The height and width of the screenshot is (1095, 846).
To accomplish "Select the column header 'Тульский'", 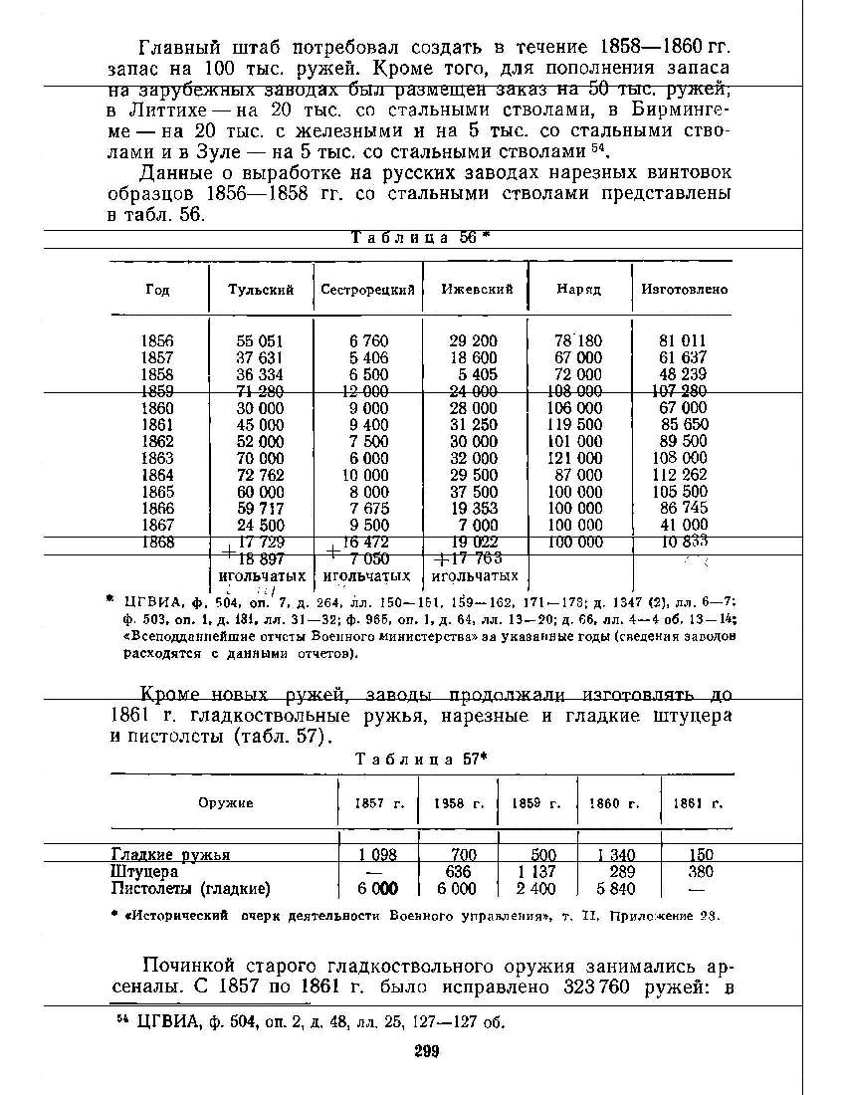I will (x=261, y=290).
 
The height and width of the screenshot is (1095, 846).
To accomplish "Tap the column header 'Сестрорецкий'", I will (x=367, y=290).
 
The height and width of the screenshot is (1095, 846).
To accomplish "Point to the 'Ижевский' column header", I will (x=477, y=290).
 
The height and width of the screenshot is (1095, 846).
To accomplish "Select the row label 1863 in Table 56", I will (x=157, y=459).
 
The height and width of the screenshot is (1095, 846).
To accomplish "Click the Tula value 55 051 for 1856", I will (x=260, y=340).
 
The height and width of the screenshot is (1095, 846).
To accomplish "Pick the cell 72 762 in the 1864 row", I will (x=260, y=476).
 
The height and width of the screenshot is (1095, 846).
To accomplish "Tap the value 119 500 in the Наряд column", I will (x=577, y=425).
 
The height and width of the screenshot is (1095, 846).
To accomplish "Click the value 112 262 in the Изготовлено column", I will (x=682, y=476).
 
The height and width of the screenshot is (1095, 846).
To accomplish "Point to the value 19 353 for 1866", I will (x=473, y=509).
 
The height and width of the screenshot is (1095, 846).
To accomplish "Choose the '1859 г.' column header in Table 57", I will (x=536, y=803).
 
